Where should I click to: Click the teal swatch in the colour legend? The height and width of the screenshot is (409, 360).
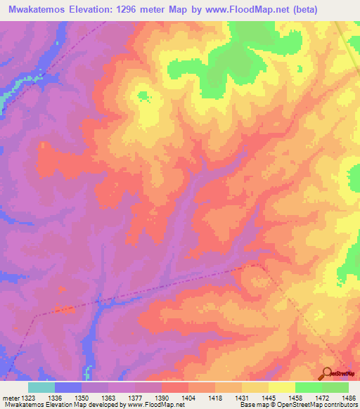click(x=41, y=387)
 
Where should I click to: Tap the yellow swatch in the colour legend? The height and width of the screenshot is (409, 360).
click(x=281, y=387)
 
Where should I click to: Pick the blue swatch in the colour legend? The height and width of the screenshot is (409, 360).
click(x=68, y=387)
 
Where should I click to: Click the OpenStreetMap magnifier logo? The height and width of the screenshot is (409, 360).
click(x=327, y=373)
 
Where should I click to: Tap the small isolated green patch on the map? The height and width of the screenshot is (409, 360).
click(x=143, y=96)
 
